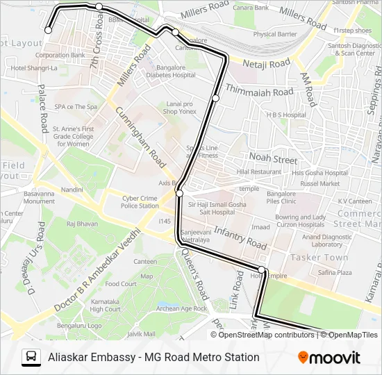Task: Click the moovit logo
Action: point(329,358)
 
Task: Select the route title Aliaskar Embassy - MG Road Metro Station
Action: point(153,358)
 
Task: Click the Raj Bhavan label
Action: point(82,224)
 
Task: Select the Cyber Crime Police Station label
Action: point(140,201)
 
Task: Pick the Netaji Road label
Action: point(266,63)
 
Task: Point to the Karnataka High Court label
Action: point(106,306)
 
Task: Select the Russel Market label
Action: point(320,183)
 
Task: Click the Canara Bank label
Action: point(251,8)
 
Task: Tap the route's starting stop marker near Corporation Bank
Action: point(49,30)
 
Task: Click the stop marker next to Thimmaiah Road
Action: point(215,98)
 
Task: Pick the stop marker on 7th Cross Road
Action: point(99,6)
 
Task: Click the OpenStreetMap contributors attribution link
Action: point(267,335)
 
